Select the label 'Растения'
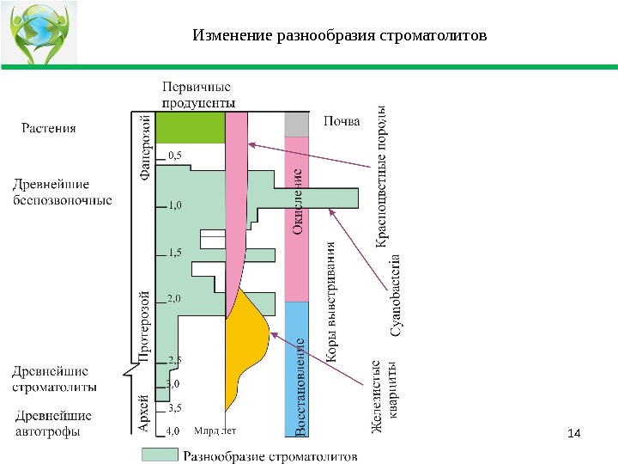pos(48,129)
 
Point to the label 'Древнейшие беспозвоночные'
pos(64,192)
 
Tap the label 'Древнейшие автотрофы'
pos(53,424)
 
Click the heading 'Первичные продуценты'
pos(199,95)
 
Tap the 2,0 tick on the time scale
pos(174,298)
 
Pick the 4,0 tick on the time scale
pos(173,430)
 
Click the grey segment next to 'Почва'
pos(295,125)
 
